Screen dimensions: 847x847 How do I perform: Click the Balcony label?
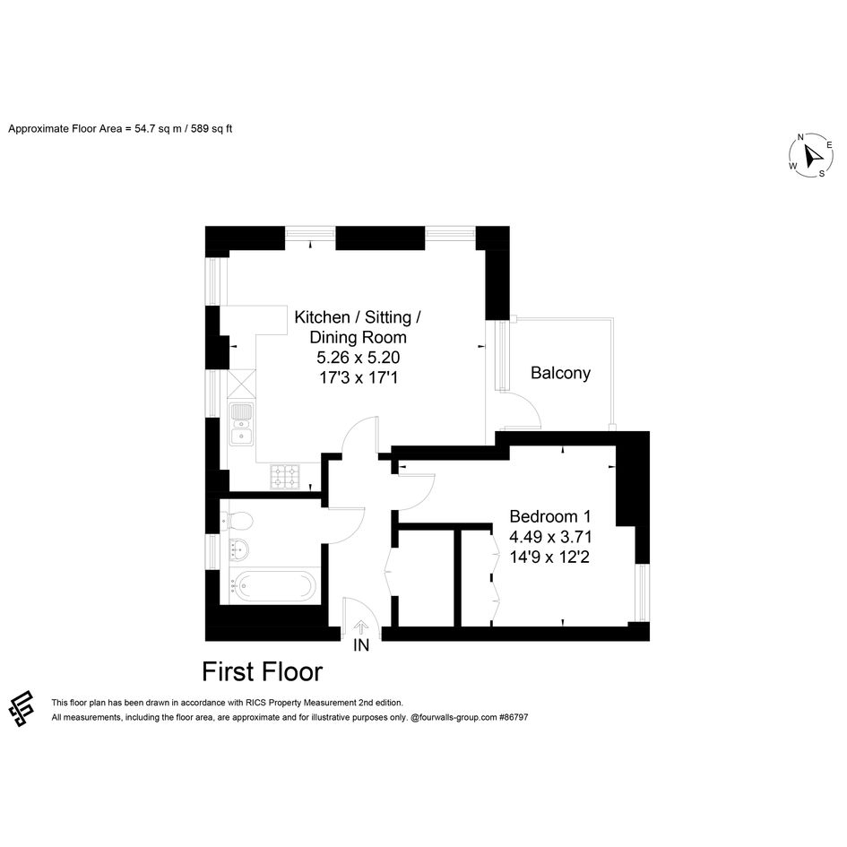[560, 373]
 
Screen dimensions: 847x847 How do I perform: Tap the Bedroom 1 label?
[550, 516]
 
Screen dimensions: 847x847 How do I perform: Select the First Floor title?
[262, 672]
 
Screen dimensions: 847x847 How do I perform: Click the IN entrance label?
[361, 645]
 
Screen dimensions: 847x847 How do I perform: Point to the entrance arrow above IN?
[361, 627]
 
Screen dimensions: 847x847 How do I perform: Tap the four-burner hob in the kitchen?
[285, 477]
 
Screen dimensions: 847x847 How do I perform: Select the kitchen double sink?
[241, 425]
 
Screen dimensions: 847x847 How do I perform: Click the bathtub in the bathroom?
[274, 585]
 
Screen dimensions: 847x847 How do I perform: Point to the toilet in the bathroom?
[238, 521]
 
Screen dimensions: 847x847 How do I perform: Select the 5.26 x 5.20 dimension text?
[359, 358]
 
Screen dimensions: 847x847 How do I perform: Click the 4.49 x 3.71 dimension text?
[550, 537]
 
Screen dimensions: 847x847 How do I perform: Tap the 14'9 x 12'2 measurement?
[549, 557]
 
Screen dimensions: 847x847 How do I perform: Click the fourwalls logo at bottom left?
[22, 708]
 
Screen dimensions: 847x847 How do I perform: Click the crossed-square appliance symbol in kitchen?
[241, 383]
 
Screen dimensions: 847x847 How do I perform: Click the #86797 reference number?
[514, 717]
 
